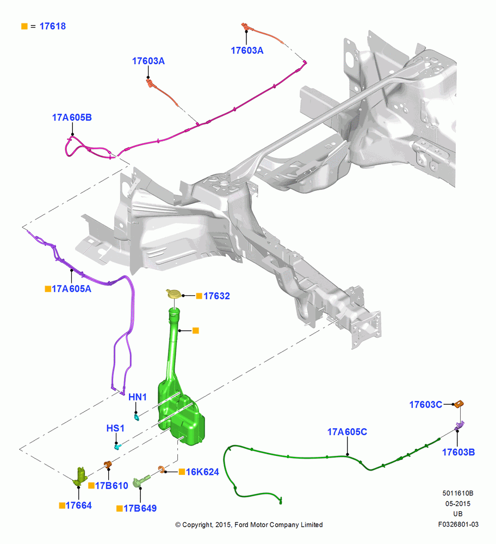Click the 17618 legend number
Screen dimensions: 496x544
tap(52, 26)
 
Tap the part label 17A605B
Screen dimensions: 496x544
tap(72, 118)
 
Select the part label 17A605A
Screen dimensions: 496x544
tap(71, 289)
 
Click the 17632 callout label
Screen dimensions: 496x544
tap(216, 296)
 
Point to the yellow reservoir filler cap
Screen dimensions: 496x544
tap(174, 294)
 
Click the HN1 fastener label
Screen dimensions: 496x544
tap(138, 397)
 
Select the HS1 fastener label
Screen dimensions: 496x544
tap(115, 428)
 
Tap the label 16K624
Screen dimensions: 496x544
tap(202, 472)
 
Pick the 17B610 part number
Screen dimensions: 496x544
tap(111, 486)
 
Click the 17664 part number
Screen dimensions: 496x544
tap(78, 505)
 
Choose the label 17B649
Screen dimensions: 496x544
tap(140, 508)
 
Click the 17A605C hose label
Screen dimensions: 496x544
tap(347, 432)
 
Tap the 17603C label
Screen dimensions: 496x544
tap(426, 405)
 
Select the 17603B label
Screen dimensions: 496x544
tap(458, 452)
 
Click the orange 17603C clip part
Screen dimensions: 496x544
tap(459, 404)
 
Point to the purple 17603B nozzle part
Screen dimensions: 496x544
tap(459, 425)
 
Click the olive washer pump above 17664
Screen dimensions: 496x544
tap(80, 476)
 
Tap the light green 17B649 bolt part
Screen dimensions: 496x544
tap(141, 480)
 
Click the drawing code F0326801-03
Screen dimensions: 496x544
tap(458, 524)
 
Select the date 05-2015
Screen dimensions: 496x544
tap(458, 503)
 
